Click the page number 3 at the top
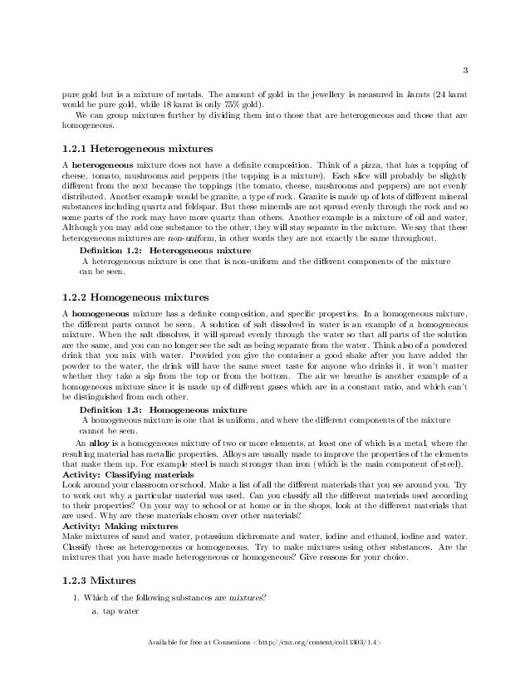466,69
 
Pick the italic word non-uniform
173,238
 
